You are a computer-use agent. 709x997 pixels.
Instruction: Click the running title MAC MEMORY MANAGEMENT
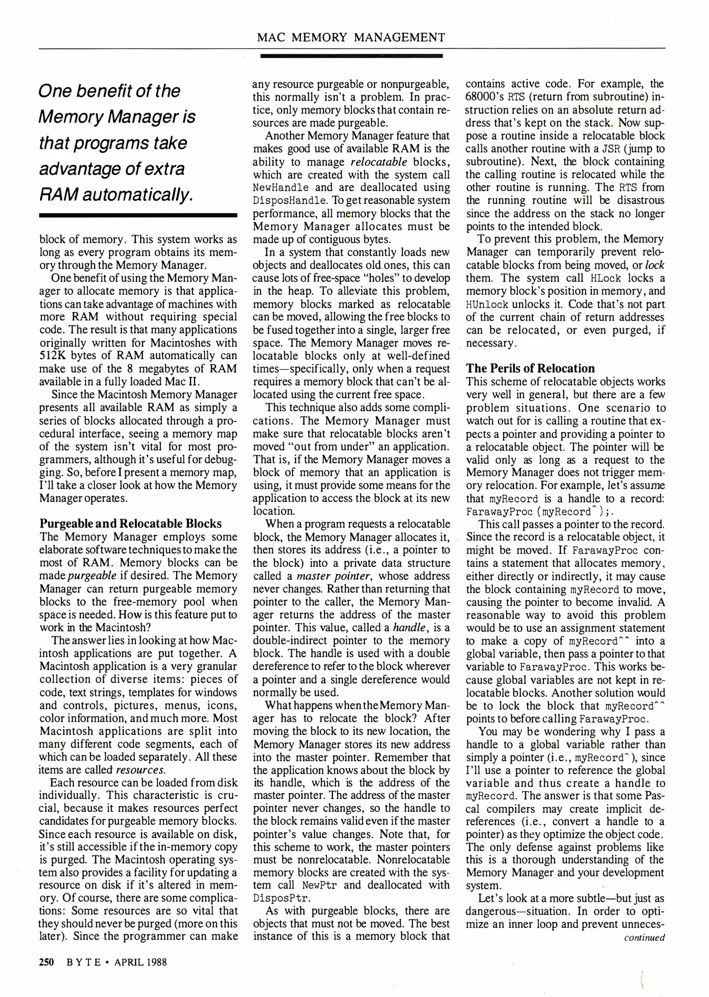point(351,37)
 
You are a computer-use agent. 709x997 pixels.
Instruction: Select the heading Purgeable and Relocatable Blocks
point(131,523)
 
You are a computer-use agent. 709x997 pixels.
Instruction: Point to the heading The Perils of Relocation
point(530,368)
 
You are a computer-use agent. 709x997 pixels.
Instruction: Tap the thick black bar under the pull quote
point(138,216)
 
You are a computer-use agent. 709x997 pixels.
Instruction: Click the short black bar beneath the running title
point(351,56)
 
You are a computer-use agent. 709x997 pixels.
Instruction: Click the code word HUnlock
point(487,305)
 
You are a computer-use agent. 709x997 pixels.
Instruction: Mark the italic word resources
point(140,770)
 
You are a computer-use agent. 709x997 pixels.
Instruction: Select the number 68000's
point(484,97)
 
